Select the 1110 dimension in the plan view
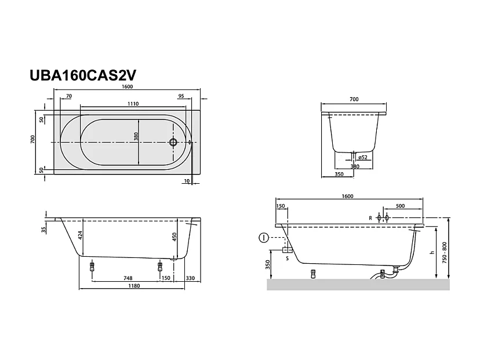133,104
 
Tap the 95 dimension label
181,96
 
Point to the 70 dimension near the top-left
69,96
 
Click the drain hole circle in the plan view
172,141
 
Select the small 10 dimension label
186,181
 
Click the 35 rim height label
44,230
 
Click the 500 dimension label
401,206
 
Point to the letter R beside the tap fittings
370,218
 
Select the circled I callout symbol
264,238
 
